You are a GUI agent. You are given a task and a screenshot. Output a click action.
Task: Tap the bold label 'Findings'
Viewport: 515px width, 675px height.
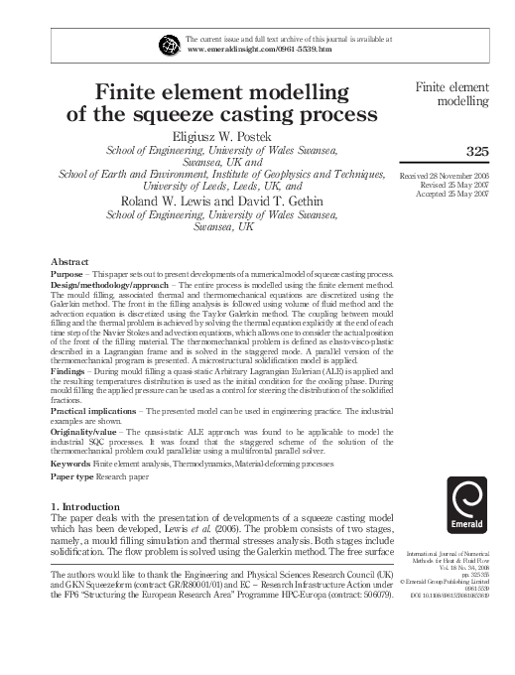(68, 364)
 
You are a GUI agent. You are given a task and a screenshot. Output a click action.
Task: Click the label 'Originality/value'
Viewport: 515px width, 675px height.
(84, 434)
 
